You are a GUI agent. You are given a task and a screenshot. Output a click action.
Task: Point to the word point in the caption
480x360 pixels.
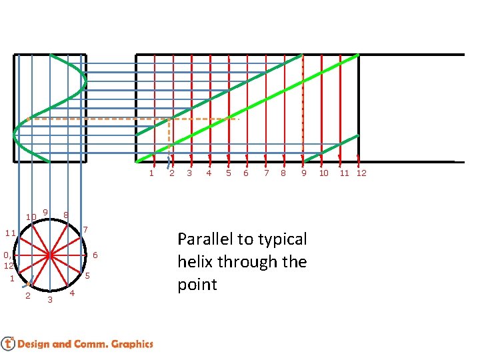pos(197,285)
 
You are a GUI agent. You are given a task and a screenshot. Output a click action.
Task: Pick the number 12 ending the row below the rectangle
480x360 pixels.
pos(361,173)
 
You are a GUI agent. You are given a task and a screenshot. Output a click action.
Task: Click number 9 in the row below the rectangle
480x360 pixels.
pos(303,173)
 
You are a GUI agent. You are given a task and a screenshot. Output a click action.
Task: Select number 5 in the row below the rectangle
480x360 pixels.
pos(228,173)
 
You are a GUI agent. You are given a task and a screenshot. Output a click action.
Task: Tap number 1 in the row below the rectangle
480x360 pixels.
pos(151,173)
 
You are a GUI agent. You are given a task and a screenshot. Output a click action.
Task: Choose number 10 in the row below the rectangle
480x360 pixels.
pos(323,173)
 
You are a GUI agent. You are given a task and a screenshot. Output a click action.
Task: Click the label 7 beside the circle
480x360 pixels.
pos(85,230)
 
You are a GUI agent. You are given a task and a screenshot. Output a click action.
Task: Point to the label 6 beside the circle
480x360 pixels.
pos(95,255)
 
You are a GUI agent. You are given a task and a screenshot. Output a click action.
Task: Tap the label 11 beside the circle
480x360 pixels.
pos(10,233)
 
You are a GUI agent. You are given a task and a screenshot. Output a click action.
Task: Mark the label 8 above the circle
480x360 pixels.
pos(65,215)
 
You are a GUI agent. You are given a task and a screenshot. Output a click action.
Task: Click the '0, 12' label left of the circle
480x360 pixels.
pos(7,260)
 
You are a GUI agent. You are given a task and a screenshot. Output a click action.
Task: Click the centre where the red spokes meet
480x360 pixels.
pos(50,255)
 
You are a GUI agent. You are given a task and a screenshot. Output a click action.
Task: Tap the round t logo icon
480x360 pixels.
pos(8,343)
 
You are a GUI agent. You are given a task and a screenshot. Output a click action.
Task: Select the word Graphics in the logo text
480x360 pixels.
pos(133,344)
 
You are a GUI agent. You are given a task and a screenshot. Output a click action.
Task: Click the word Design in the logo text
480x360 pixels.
pos(33,344)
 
